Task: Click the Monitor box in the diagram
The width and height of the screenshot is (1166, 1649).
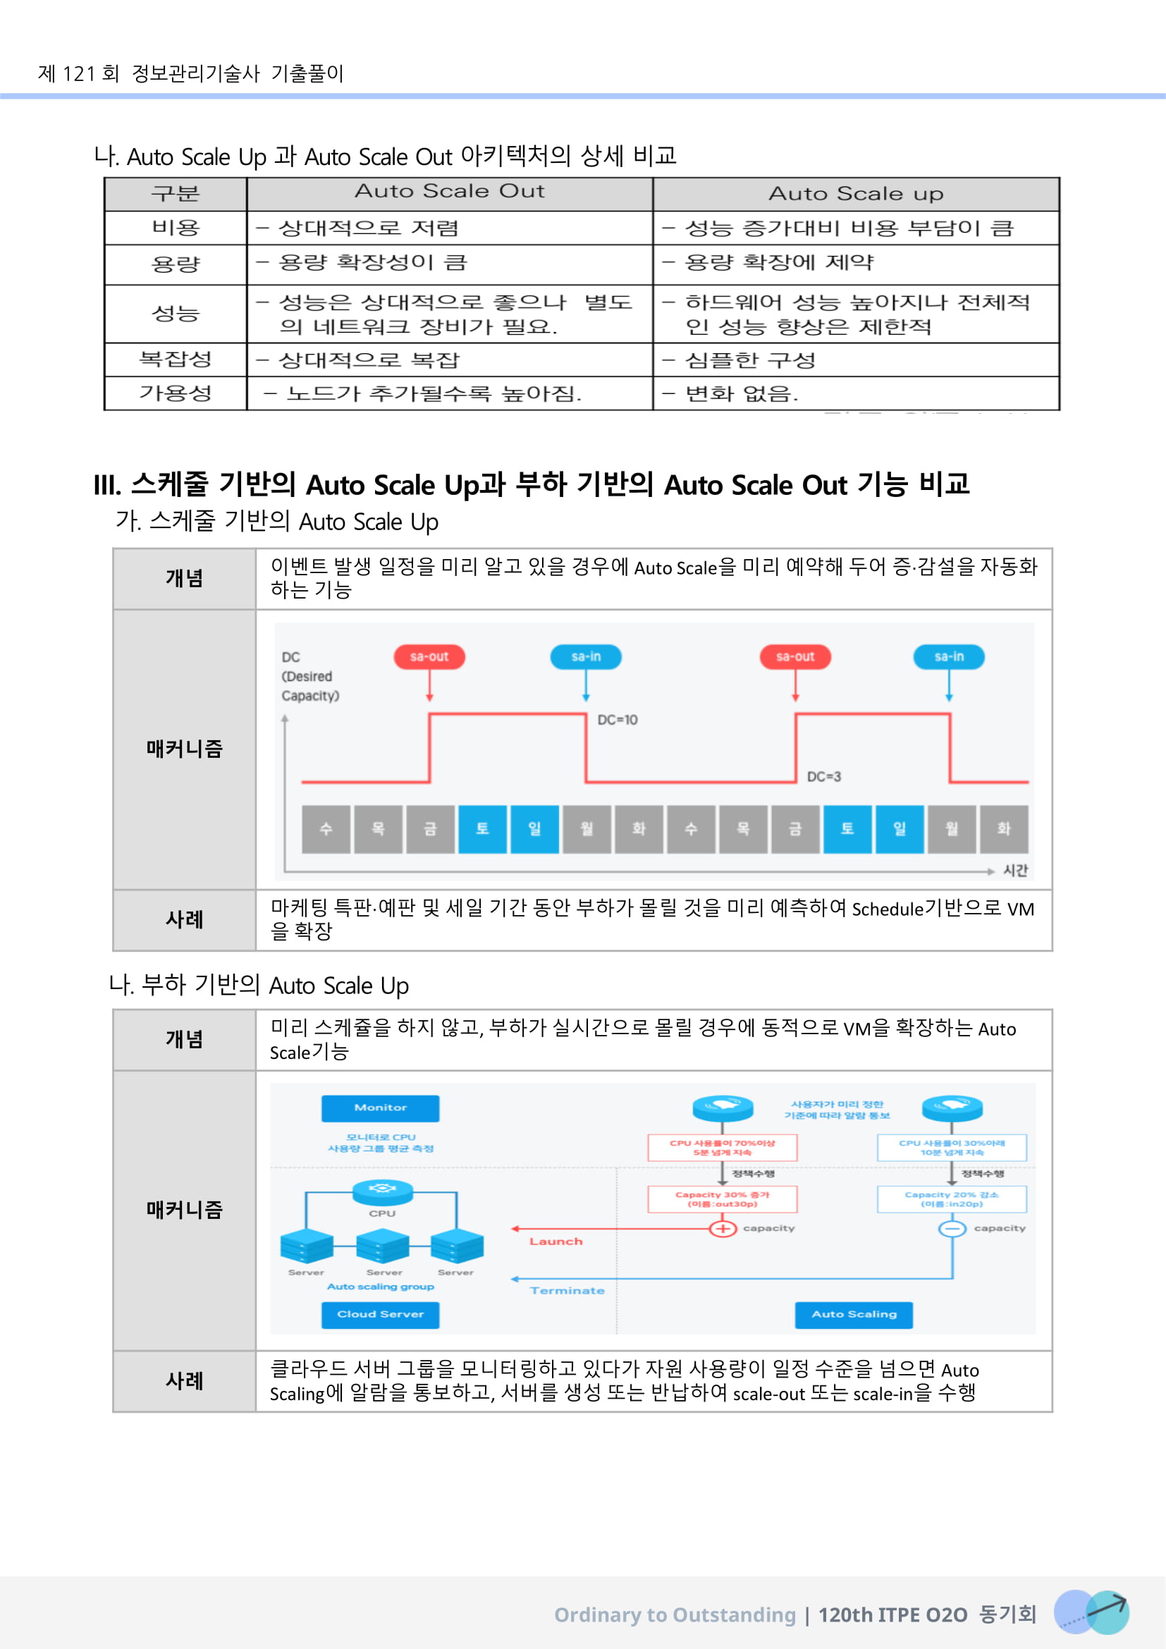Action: click(x=380, y=1108)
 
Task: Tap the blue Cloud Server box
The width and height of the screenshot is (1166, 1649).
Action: click(x=380, y=1313)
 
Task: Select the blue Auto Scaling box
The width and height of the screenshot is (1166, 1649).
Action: click(x=854, y=1313)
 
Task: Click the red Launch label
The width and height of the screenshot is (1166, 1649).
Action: click(x=556, y=1241)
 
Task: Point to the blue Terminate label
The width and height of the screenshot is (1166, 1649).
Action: click(x=567, y=1291)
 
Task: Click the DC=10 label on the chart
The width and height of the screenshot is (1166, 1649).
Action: click(x=618, y=720)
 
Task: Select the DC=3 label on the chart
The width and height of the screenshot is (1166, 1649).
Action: click(x=823, y=776)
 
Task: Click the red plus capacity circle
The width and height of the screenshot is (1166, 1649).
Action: click(x=723, y=1228)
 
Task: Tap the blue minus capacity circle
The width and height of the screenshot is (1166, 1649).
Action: click(x=952, y=1228)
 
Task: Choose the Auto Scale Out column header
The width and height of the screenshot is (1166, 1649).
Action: click(x=450, y=192)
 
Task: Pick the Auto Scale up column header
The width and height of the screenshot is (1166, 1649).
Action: click(x=856, y=194)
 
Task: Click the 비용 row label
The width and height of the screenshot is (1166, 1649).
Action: click(x=176, y=228)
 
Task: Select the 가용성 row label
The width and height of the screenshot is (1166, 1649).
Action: click(x=176, y=393)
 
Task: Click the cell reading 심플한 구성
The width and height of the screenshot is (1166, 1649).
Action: click(x=750, y=360)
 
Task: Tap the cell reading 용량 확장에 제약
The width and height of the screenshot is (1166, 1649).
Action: click(x=779, y=263)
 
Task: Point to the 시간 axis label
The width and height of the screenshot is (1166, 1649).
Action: click(x=1015, y=871)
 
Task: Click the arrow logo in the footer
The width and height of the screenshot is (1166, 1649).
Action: click(x=1091, y=1612)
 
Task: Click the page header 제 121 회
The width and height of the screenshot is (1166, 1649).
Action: click(x=79, y=73)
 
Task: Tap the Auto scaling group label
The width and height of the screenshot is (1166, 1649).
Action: click(x=381, y=1287)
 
